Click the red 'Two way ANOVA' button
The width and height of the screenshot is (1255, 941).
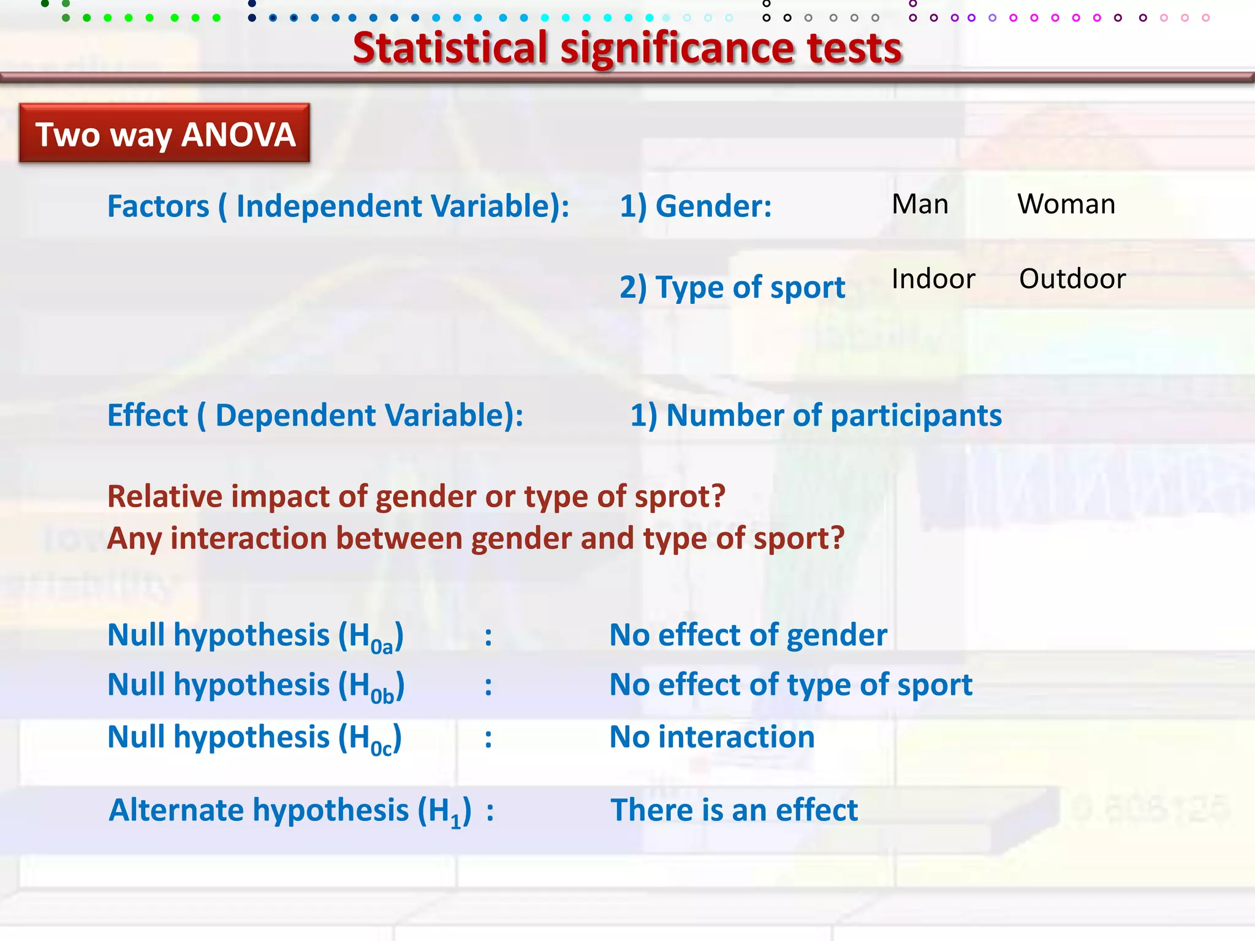[164, 134]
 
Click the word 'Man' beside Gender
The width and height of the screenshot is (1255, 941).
[920, 204]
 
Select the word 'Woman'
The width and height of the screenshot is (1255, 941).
[1066, 204]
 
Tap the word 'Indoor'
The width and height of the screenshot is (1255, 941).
[933, 279]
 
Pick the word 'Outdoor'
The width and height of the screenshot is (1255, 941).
[1072, 279]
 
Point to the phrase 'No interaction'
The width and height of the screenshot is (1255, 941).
[711, 737]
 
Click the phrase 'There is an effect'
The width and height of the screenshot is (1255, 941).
[734, 810]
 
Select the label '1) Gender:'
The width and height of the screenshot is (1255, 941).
[696, 206]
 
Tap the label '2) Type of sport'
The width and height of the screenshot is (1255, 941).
[732, 287]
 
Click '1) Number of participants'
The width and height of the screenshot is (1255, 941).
[816, 415]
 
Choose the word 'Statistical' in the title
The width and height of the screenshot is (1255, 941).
[450, 48]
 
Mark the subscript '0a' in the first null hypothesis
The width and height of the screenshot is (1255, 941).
[381, 646]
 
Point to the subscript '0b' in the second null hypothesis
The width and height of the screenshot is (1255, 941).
[382, 696]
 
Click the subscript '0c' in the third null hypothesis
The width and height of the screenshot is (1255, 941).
[381, 748]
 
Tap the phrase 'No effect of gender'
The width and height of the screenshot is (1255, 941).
[748, 635]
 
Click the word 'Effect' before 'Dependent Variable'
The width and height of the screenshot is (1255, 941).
[147, 415]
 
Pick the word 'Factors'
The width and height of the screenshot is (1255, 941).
[158, 206]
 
